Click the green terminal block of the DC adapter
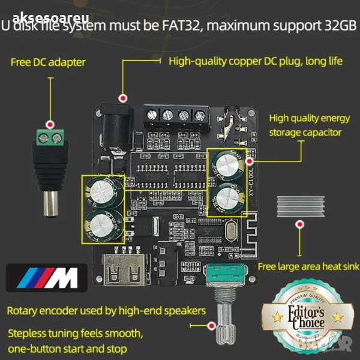pyautogui.click(x=50, y=139)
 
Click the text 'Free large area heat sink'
pyautogui.click(x=308, y=266)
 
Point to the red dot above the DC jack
pyautogui.click(x=124, y=98)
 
